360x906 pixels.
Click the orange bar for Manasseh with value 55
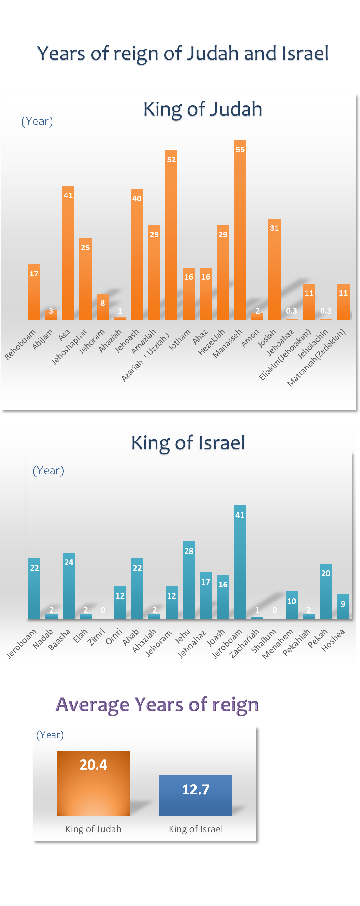[240, 232]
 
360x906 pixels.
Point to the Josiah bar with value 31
[275, 271]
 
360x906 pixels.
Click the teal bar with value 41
[240, 563]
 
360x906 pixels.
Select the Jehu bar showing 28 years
[188, 580]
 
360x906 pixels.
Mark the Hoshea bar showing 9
[343, 607]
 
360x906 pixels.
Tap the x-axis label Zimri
[96, 637]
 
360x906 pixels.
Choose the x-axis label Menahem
[278, 644]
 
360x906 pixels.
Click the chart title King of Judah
[202, 109]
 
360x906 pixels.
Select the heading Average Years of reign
[157, 705]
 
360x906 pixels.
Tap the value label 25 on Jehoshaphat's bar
[85, 248]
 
